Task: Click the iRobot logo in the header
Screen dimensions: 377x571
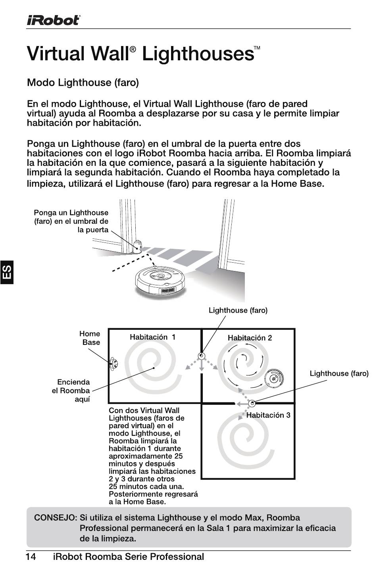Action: tap(54, 20)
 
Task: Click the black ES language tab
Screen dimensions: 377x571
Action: tap(7, 272)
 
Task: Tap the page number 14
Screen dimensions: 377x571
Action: tap(31, 556)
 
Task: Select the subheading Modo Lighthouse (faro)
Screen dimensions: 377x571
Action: tap(83, 83)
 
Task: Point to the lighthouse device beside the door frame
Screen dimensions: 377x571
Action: tap(137, 246)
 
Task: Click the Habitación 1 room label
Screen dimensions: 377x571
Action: tap(152, 337)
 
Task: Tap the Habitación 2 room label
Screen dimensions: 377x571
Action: tap(250, 338)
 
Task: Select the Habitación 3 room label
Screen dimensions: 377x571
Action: tap(268, 415)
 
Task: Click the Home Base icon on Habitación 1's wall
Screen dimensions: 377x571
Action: tap(113, 364)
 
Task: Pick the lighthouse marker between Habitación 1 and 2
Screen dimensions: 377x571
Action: tap(201, 356)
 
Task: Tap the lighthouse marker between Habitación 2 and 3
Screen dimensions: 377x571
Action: tap(252, 403)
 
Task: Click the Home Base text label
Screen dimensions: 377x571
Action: tap(90, 338)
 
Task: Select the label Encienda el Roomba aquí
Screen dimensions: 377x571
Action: tap(71, 390)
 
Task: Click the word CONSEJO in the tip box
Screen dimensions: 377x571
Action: tap(55, 518)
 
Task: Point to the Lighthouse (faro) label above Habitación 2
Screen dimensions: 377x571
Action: tap(238, 310)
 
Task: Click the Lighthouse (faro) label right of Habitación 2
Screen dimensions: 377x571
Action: tap(339, 373)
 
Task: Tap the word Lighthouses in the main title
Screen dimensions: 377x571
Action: tap(198, 54)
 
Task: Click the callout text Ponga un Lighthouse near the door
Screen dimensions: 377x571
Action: tap(71, 213)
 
